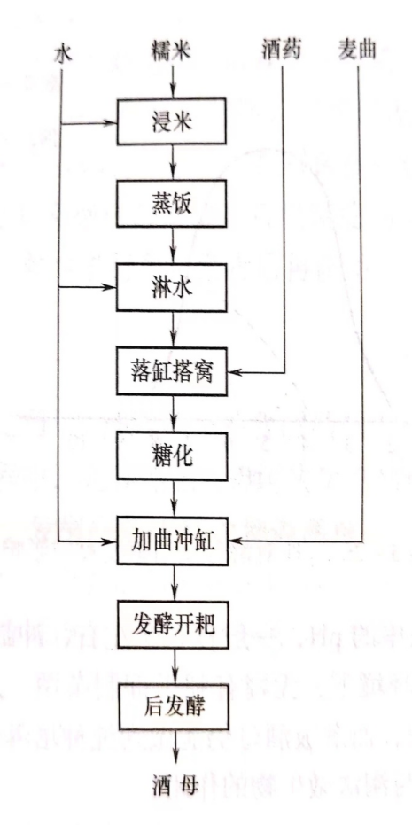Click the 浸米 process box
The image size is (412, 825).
click(x=172, y=122)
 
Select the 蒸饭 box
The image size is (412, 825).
click(x=172, y=204)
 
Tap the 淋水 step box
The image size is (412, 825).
click(x=172, y=287)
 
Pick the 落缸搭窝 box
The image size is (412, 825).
click(x=173, y=372)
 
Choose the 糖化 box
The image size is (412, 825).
click(x=172, y=456)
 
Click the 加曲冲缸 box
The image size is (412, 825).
click(x=173, y=541)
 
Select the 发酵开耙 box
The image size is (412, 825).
click(x=173, y=624)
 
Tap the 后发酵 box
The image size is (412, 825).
click(x=174, y=707)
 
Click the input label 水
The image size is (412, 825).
click(x=62, y=54)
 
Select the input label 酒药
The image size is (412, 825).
click(x=282, y=52)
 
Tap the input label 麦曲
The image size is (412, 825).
click(x=357, y=52)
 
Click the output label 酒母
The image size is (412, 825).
click(x=175, y=786)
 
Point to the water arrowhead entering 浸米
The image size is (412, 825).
click(x=110, y=124)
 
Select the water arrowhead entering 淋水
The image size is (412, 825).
click(x=110, y=287)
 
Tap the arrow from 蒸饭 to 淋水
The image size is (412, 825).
click(x=173, y=245)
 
